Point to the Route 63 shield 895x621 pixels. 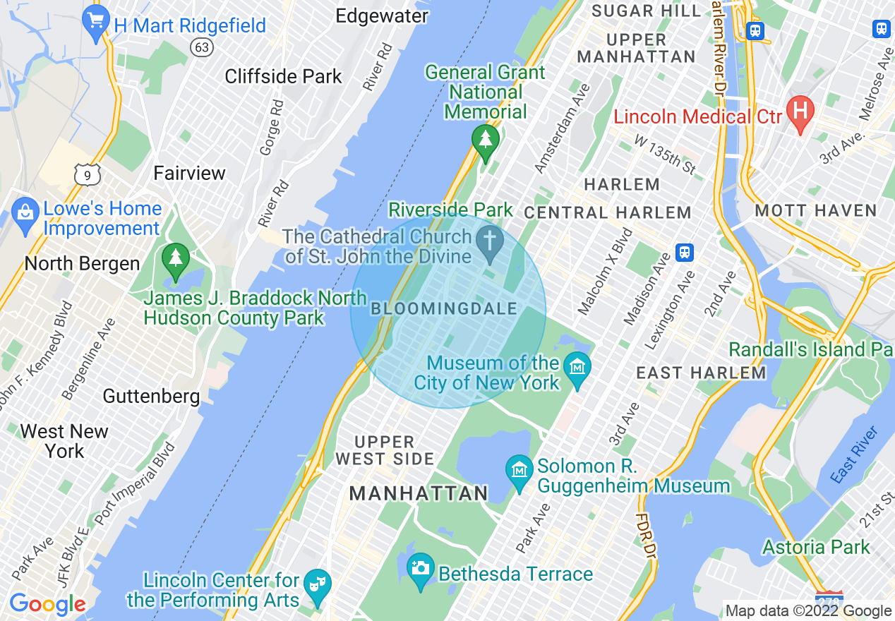(202, 47)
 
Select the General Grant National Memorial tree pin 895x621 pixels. (485, 141)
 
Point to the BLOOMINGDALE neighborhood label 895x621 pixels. (444, 309)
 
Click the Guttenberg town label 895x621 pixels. (151, 396)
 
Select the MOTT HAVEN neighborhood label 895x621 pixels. (815, 210)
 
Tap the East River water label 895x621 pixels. (855, 455)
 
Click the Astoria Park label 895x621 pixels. (816, 547)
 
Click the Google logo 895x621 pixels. (47, 604)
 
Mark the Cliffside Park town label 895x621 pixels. (283, 76)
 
